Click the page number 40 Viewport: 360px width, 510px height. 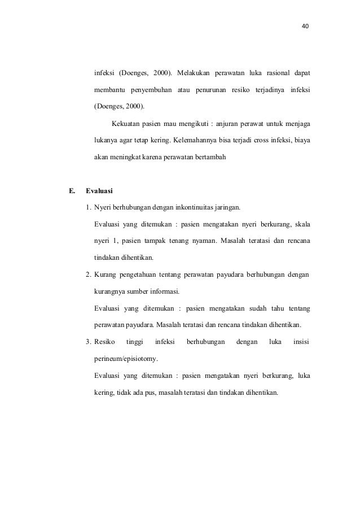[x=306, y=27]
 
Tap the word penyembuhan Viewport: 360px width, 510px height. [x=151, y=90]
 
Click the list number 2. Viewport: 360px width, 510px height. [x=89, y=275]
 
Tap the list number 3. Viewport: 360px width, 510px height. [x=89, y=342]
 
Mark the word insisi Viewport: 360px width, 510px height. [x=301, y=342]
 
